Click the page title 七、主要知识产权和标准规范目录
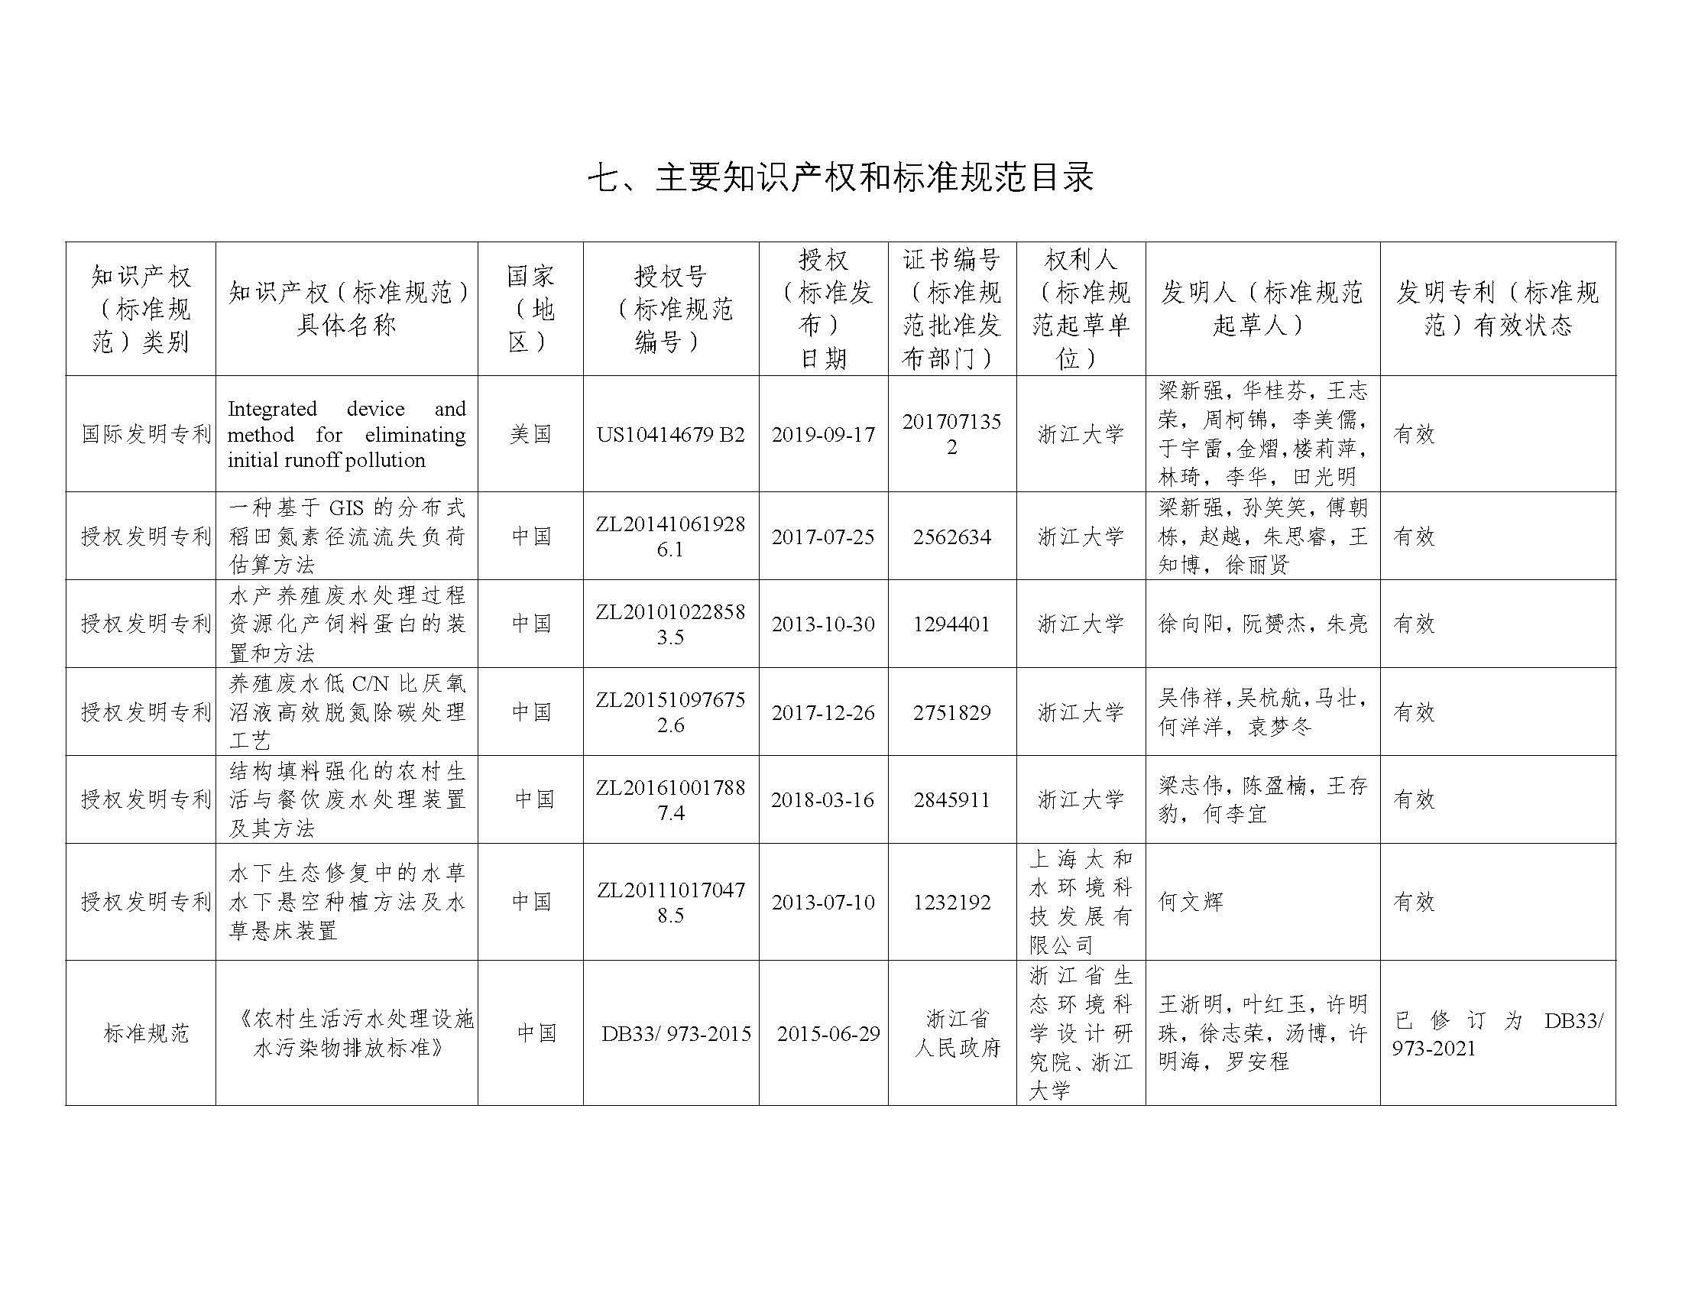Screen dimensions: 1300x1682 pyautogui.click(x=840, y=178)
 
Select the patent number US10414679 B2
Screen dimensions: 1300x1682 pyautogui.click(x=670, y=434)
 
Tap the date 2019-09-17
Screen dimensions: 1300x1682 pyautogui.click(x=823, y=434)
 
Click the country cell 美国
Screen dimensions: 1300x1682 pyautogui.click(x=530, y=434)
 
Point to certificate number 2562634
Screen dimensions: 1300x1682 pyautogui.click(x=952, y=537)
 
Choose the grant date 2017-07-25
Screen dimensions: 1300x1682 pyautogui.click(x=823, y=537)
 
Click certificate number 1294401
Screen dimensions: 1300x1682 pyautogui.click(x=952, y=624)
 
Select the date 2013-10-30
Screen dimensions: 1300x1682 pyautogui.click(x=823, y=624)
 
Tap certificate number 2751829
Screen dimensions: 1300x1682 pyautogui.click(x=952, y=712)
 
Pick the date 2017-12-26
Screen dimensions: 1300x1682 pyautogui.click(x=823, y=712)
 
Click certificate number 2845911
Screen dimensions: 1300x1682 pyautogui.click(x=952, y=799)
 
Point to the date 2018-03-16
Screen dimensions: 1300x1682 pyautogui.click(x=823, y=799)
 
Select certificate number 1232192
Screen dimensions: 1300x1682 pyautogui.click(x=952, y=902)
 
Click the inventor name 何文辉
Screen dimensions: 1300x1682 pyautogui.click(x=1191, y=902)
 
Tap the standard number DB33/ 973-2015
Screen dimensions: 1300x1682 pyautogui.click(x=676, y=1033)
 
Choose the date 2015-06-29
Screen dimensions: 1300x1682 pyautogui.click(x=828, y=1033)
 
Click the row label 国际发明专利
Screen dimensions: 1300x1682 pyautogui.click(x=146, y=434)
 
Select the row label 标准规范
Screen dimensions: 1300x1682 pyautogui.click(x=146, y=1033)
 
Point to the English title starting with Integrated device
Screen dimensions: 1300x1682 pyautogui.click(x=347, y=434)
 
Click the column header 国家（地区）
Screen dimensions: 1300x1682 pyautogui.click(x=530, y=309)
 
